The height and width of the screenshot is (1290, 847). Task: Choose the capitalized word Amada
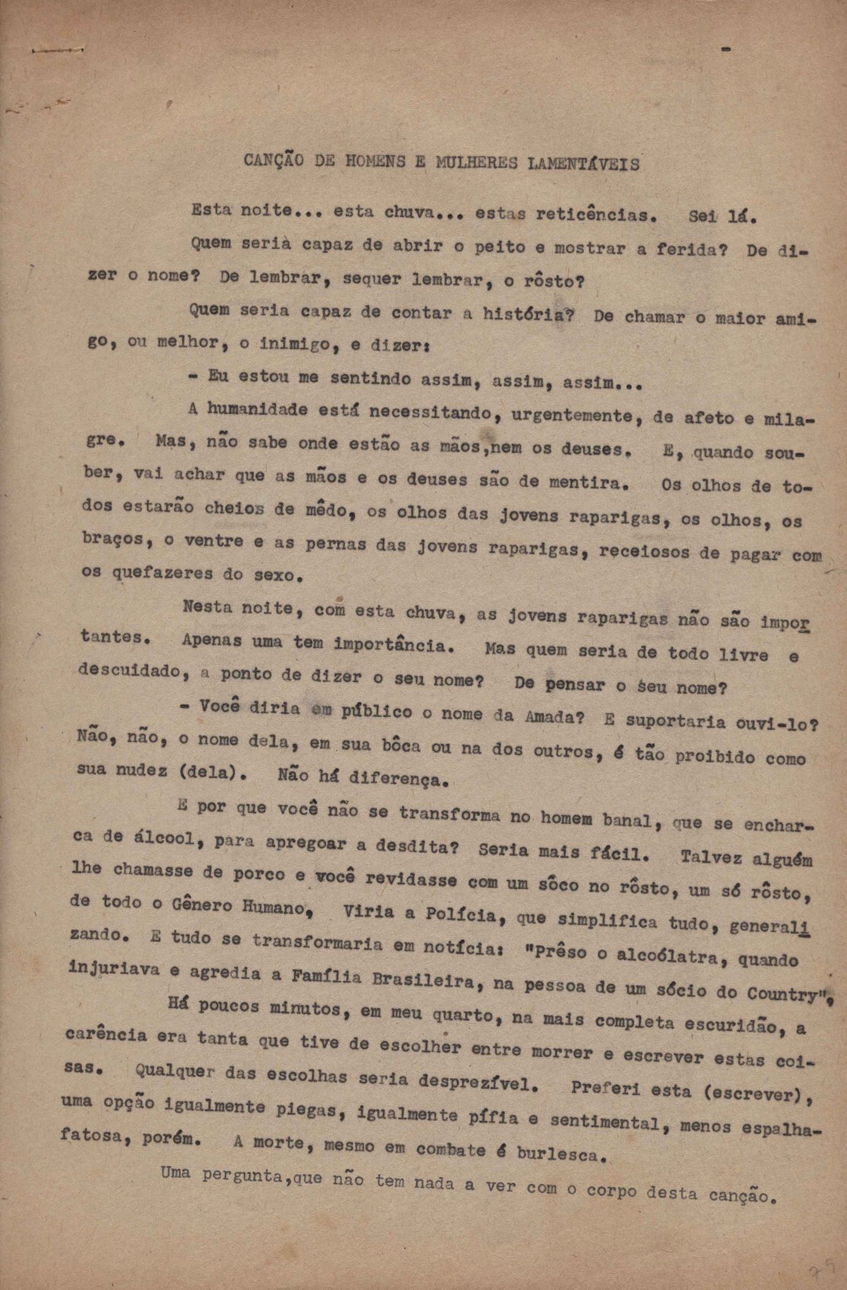pyautogui.click(x=554, y=716)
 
